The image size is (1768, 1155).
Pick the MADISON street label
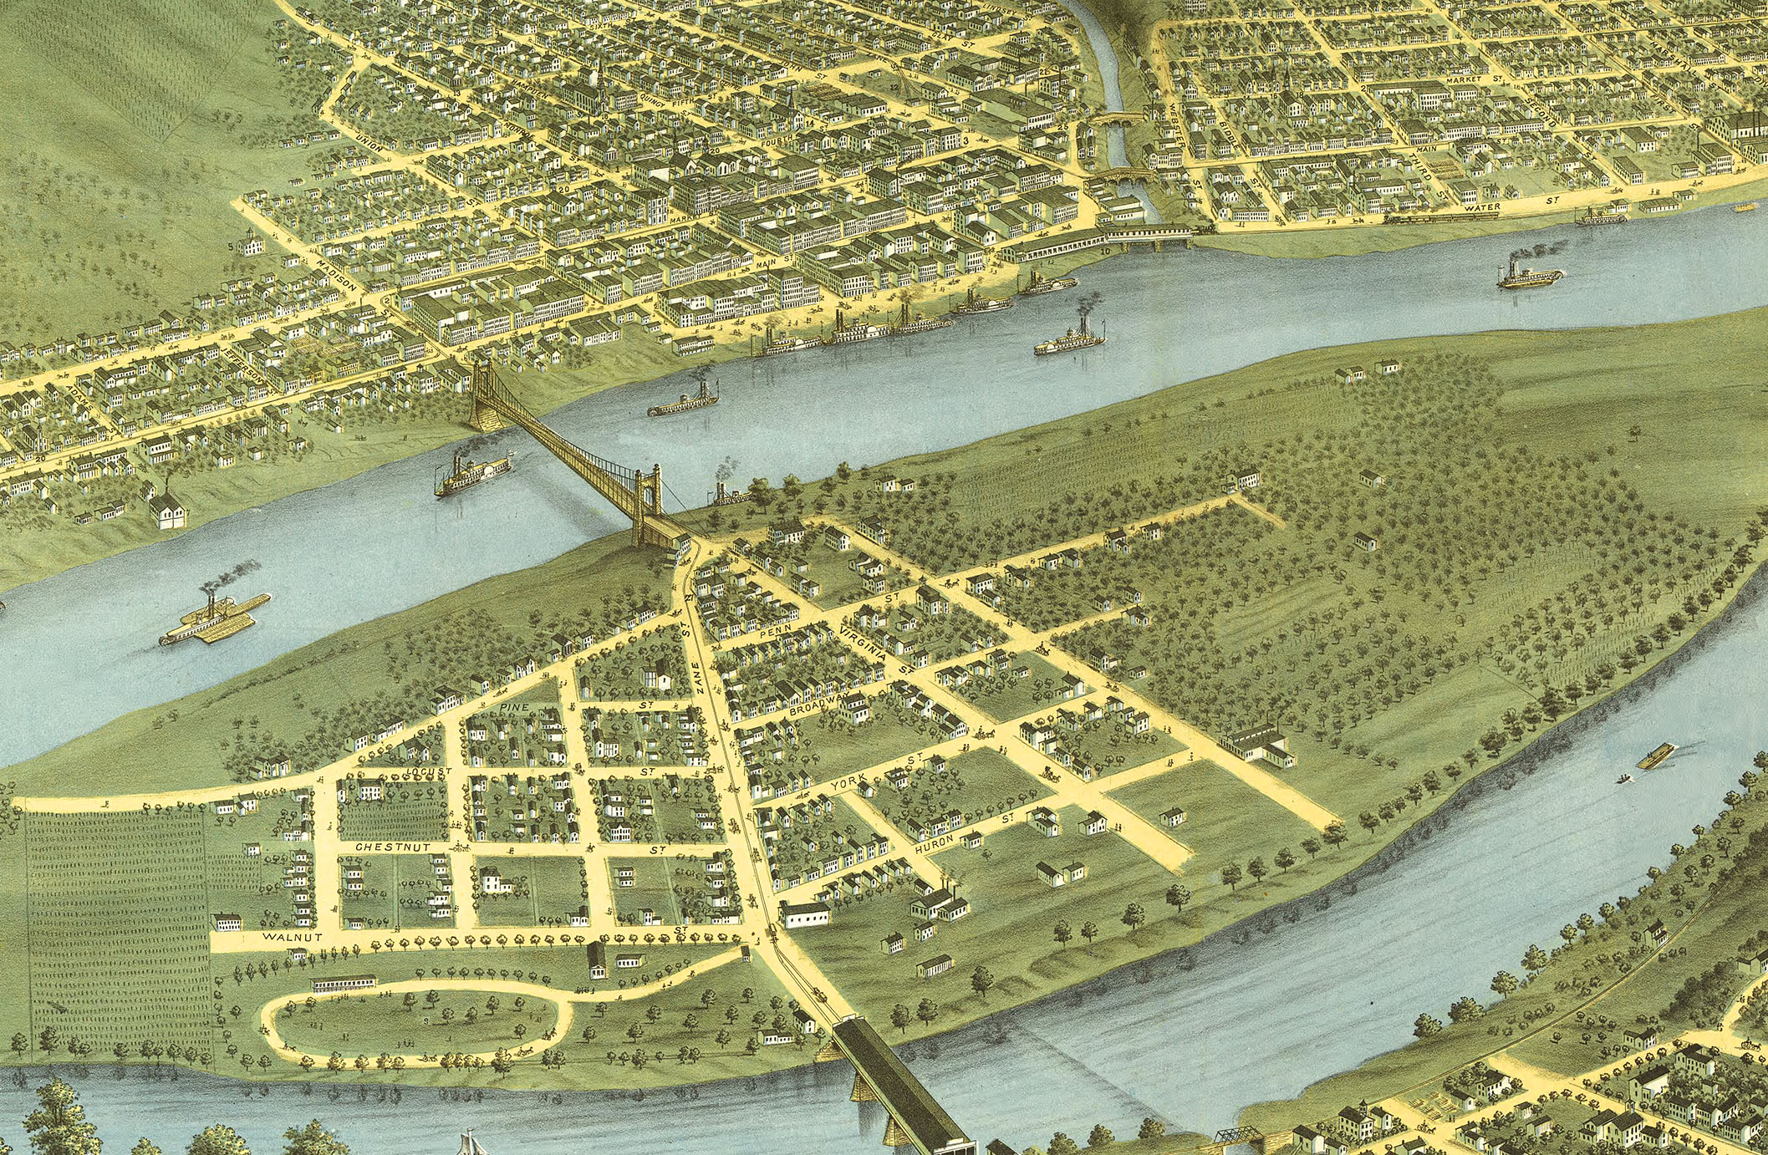338,274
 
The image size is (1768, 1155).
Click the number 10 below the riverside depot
1106,250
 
